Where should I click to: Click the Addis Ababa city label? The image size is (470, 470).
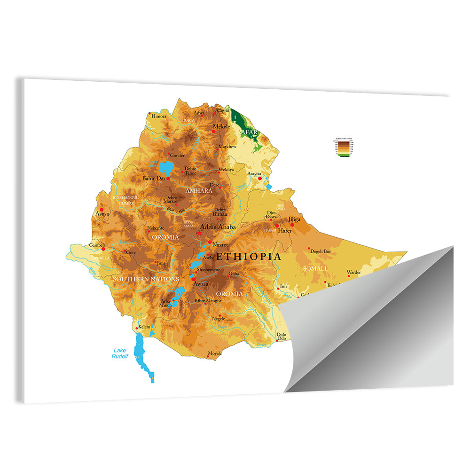point(218,227)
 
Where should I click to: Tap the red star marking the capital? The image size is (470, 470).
point(200,233)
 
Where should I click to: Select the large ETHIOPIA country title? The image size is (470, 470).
point(249,257)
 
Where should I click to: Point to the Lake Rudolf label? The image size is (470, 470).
point(120,353)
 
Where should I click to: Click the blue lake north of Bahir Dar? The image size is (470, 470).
point(166,167)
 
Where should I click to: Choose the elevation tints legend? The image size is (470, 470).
point(343,148)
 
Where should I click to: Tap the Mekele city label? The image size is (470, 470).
point(221,126)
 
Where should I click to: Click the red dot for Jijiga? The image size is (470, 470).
point(292,225)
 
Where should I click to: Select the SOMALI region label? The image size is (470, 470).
point(315,268)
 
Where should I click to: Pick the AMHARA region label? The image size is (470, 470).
point(199,191)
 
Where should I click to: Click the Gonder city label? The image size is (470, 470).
point(177,155)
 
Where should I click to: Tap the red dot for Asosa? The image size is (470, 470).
point(102,210)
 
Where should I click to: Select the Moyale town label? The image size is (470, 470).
point(214,353)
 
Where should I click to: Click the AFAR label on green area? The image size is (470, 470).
point(250,132)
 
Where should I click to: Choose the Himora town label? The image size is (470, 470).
point(159,116)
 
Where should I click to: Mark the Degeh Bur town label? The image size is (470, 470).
point(321,251)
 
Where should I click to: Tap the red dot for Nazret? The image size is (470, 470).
point(210,242)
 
